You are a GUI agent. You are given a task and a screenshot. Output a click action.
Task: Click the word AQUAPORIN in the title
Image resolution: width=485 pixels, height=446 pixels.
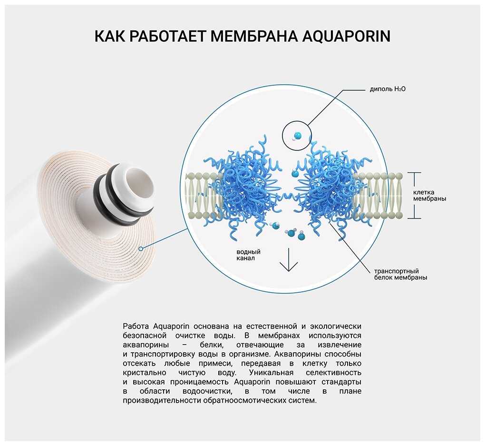346,36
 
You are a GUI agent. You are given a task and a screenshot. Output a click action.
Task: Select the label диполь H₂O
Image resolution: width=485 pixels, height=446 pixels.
388,89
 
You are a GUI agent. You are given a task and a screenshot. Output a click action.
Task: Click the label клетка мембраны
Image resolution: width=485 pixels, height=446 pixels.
430,196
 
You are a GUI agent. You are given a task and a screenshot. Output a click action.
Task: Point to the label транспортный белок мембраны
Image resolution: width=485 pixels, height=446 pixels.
400,275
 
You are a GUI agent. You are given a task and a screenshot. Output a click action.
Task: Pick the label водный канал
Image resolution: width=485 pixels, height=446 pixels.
248,255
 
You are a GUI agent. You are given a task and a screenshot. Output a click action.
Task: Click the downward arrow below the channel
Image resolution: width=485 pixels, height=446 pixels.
289,259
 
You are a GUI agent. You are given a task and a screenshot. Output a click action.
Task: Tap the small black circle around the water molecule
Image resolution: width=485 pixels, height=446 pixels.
297,136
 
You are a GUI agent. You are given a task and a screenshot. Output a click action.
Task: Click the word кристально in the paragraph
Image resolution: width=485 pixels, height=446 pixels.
145,373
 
